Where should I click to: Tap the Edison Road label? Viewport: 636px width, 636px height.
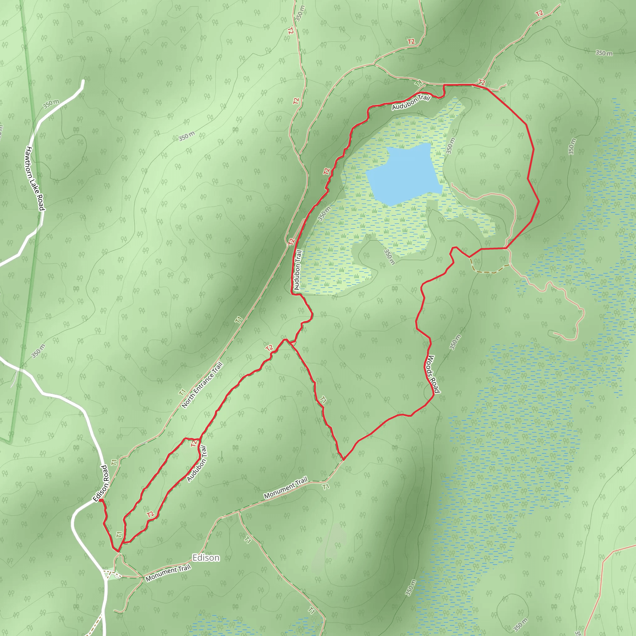pos(101,483)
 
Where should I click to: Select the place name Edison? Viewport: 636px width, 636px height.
pos(206,557)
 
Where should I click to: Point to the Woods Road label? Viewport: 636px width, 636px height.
pos(433,374)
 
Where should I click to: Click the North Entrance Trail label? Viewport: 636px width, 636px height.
pos(202,385)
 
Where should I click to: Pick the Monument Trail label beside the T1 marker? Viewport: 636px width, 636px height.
pos(285,488)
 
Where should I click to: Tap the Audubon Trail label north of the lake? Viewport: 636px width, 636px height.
pos(411,102)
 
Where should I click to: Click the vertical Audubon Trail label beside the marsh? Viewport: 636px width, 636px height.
pos(298,270)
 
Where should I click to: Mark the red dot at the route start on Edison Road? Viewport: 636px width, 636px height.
pos(101,501)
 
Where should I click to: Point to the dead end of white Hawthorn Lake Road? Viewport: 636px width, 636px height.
pos(83,81)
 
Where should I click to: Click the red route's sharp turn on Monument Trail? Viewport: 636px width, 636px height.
pos(343,460)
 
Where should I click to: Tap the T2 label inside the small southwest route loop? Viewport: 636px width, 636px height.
pos(150,514)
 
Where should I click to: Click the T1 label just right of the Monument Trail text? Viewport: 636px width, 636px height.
pos(325,486)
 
